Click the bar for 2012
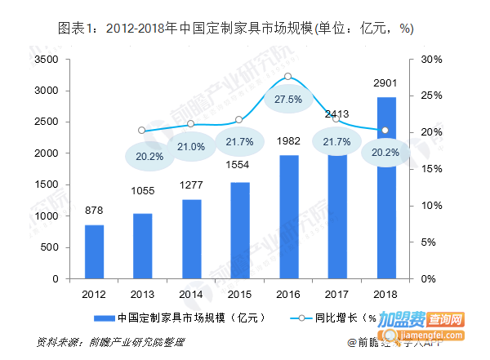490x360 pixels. pyautogui.click(x=95, y=251)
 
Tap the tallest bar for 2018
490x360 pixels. pyautogui.click(x=385, y=188)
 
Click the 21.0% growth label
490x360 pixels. pyautogui.click(x=191, y=146)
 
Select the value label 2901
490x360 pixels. pyautogui.click(x=386, y=83)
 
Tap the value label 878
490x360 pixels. pyautogui.click(x=95, y=210)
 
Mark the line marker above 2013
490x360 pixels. pyautogui.click(x=141, y=130)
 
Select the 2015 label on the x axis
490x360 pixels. pyautogui.click(x=240, y=293)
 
